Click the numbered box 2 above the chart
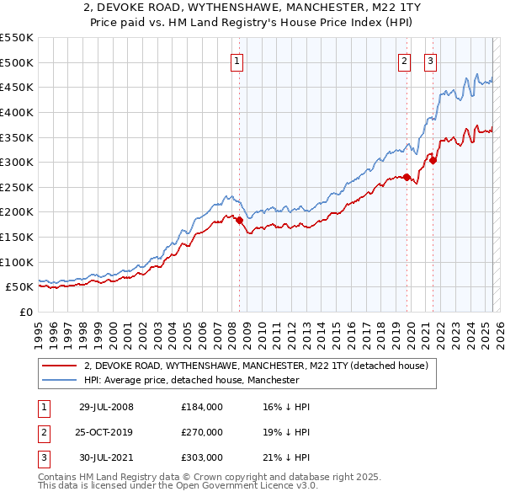point(405,61)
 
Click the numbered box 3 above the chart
point(430,61)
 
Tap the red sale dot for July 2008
point(239,220)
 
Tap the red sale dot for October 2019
point(407,177)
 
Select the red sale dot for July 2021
point(433,161)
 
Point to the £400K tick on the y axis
point(19,112)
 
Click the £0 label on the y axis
point(26,312)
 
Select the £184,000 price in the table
point(201,407)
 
